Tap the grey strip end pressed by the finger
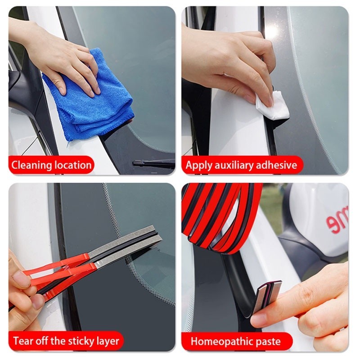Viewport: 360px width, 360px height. [x=269, y=296]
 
